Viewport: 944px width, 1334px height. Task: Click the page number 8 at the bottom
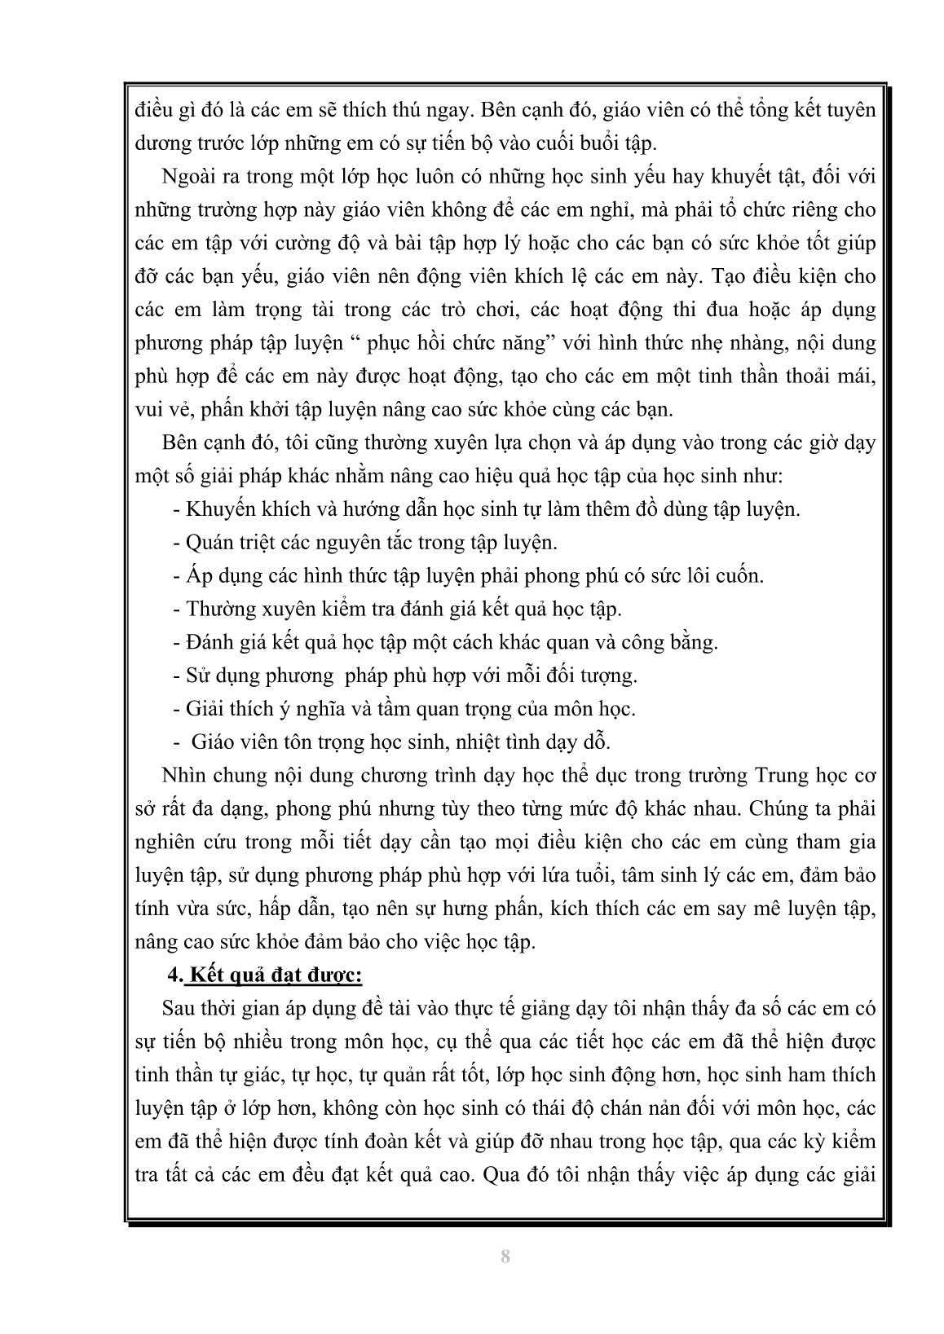coord(505,1255)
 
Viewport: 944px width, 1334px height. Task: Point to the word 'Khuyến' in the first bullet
coord(221,509)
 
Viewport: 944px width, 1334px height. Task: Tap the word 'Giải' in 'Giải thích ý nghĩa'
coord(205,708)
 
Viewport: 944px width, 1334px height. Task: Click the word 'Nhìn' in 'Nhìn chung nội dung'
coord(184,774)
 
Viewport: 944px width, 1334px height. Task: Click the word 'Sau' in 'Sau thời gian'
coord(179,1008)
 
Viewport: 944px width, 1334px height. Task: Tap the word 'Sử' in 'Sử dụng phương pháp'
coord(198,675)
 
